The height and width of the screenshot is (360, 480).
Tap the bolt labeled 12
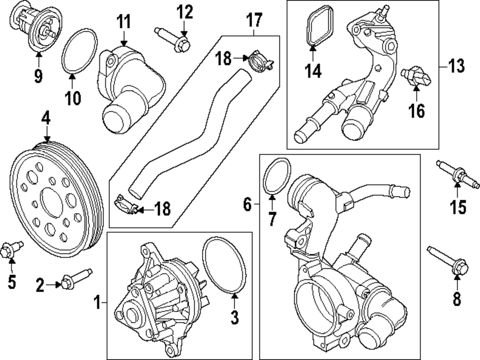(173, 40)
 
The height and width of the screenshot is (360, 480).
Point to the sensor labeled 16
(416, 76)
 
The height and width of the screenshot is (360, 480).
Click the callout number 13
(456, 66)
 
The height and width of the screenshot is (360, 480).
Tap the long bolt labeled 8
(448, 260)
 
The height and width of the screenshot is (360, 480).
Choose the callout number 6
(247, 204)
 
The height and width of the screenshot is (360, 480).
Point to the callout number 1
(97, 302)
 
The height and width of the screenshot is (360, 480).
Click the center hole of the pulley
(51, 204)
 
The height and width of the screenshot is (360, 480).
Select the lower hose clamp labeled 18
(125, 204)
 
